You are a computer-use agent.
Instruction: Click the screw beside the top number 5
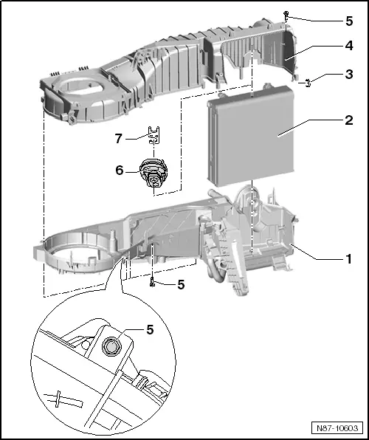pos(286,15)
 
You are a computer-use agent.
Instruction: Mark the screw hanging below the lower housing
pos(151,281)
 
